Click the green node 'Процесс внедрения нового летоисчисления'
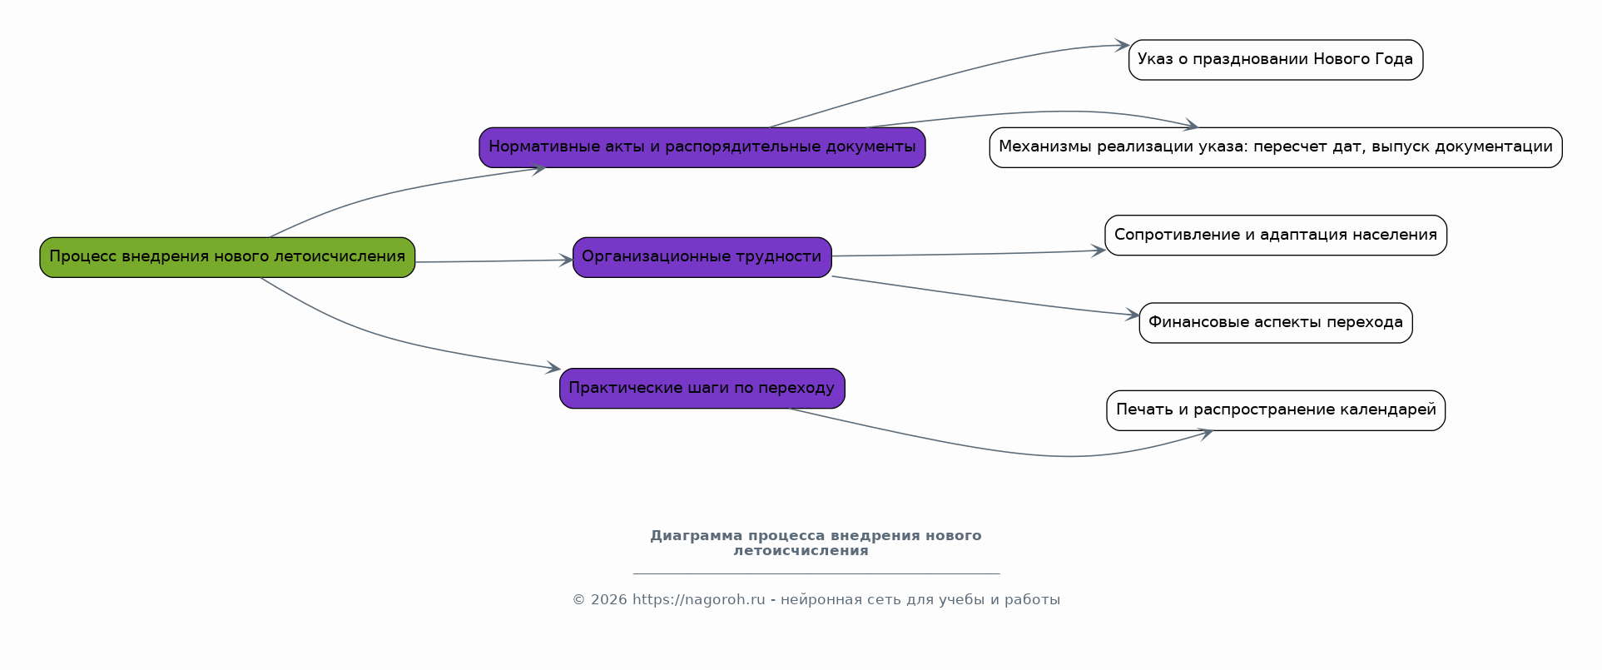pyautogui.click(x=227, y=257)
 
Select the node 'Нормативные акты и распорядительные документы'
pyautogui.click(x=702, y=147)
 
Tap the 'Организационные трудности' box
pyautogui.click(x=702, y=257)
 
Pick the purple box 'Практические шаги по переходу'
pyautogui.click(x=702, y=389)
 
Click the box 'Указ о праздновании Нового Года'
pyautogui.click(x=1276, y=60)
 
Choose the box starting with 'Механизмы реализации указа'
pyautogui.click(x=1276, y=147)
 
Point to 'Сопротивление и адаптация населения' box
pyautogui.click(x=1276, y=236)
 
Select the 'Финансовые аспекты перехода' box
pyautogui.click(x=1276, y=323)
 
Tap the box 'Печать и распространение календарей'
pyautogui.click(x=1276, y=410)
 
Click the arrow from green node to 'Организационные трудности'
pyautogui.click(x=494, y=261)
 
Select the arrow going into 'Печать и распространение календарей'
pyautogui.click(x=999, y=449)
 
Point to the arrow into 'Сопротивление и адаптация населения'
pyautogui.click(x=969, y=254)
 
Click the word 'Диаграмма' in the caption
pyautogui.click(x=696, y=536)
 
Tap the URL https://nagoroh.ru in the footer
pyautogui.click(x=698, y=600)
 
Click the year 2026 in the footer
pyautogui.click(x=608, y=600)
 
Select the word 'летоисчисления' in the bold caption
pyautogui.click(x=801, y=551)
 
